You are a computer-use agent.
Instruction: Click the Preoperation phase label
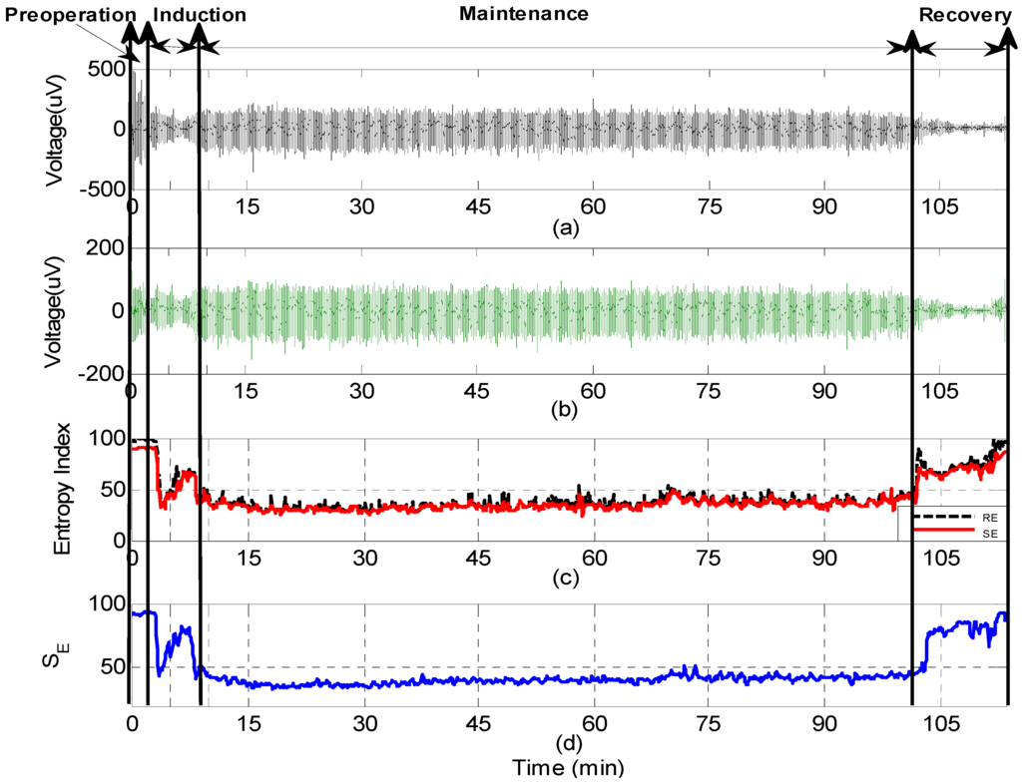[x=71, y=16]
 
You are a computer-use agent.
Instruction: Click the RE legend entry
[x=988, y=517]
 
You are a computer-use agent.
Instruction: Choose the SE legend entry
[x=988, y=534]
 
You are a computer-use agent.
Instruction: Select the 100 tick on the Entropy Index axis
[x=105, y=440]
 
